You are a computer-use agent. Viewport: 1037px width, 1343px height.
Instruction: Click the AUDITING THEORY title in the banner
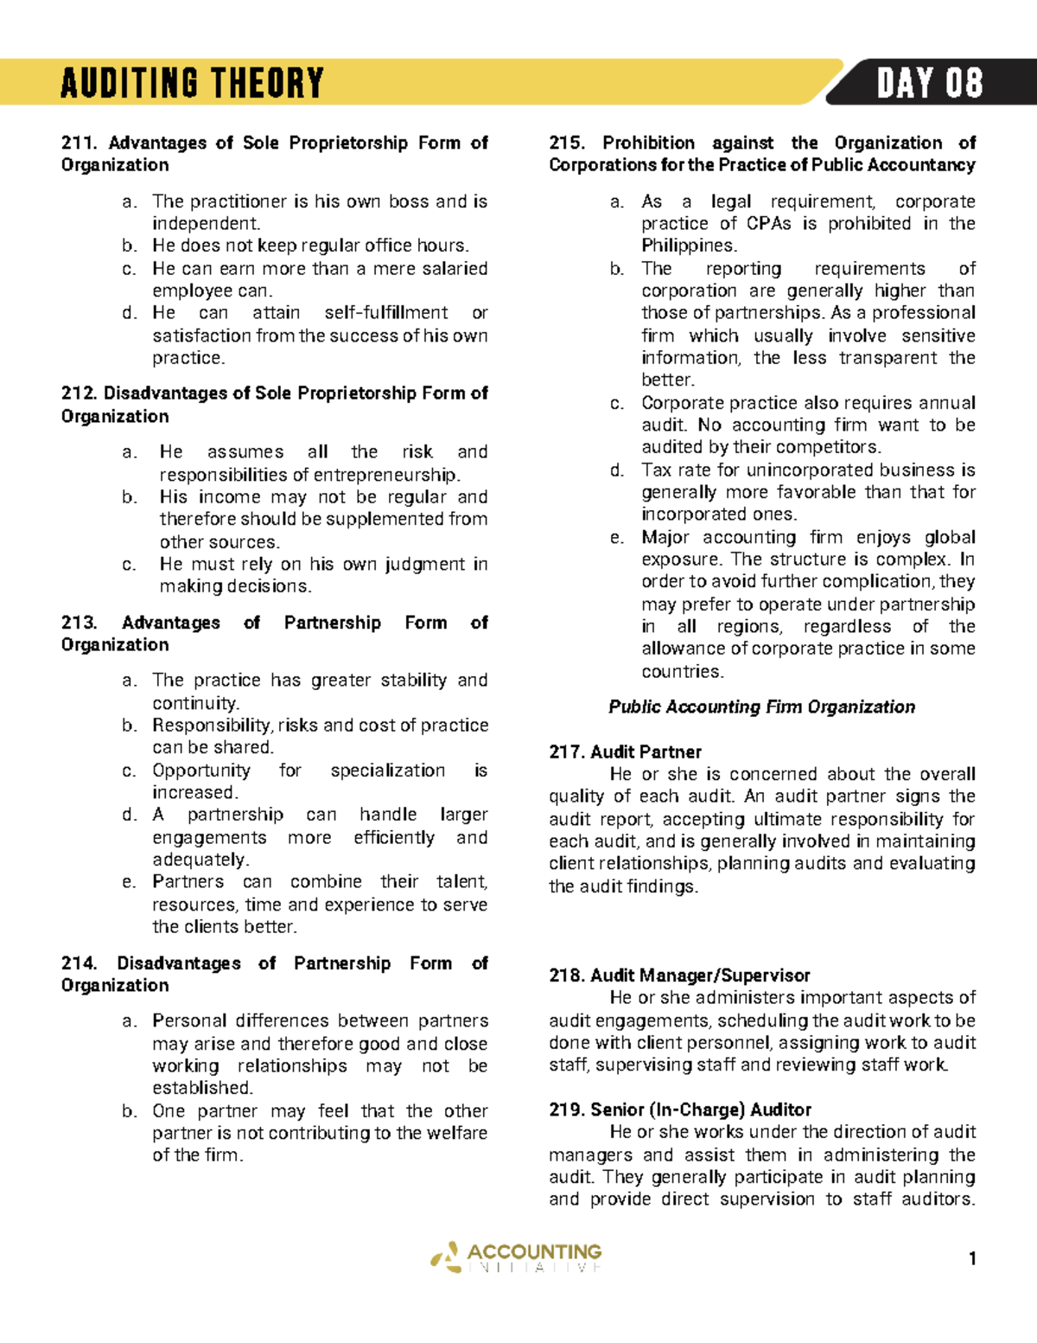192,84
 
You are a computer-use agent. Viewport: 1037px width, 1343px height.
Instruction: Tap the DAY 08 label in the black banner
929,84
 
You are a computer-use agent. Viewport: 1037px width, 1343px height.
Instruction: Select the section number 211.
80,143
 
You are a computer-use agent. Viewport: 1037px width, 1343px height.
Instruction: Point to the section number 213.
80,623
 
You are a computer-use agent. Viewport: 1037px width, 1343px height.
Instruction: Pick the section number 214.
80,963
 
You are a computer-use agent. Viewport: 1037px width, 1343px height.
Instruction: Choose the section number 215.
567,143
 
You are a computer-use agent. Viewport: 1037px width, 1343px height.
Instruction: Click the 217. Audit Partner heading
625,751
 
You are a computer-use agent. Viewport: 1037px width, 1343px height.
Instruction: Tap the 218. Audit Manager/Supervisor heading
679,975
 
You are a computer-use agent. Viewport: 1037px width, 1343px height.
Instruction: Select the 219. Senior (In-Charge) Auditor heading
680,1110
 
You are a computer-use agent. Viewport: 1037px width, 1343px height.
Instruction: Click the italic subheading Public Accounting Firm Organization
761,707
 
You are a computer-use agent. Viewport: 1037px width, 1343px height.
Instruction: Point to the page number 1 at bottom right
972,1258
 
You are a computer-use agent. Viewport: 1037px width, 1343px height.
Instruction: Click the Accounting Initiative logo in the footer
516,1257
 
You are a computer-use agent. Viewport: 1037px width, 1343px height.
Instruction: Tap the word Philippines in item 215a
688,246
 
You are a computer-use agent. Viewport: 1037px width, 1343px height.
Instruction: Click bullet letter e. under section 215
616,538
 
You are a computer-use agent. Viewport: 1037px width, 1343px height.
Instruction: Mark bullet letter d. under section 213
130,815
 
